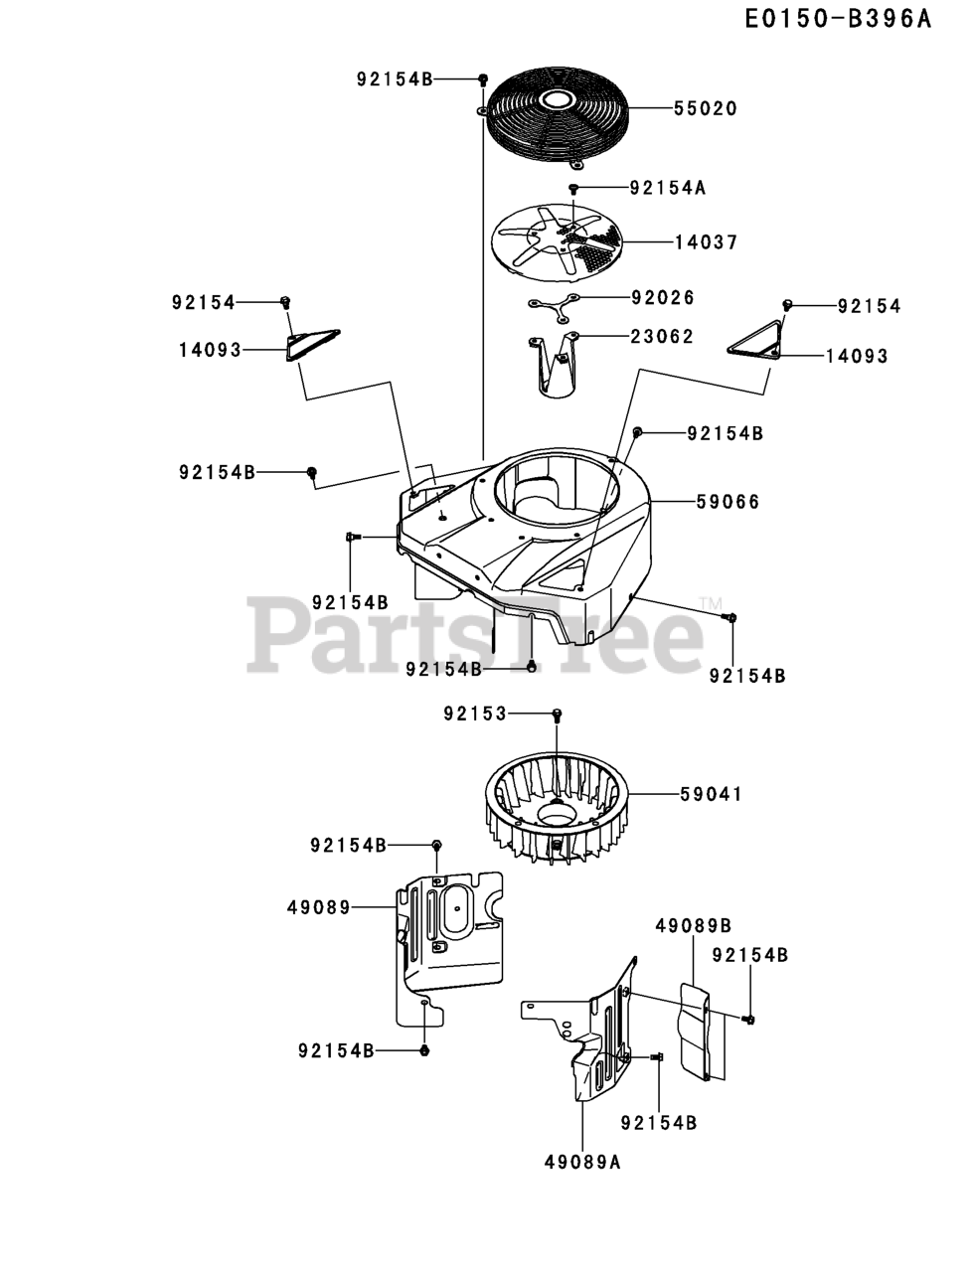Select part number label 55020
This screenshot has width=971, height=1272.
click(705, 108)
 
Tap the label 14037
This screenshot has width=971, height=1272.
click(705, 241)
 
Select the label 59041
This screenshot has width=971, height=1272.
click(711, 794)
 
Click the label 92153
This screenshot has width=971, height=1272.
click(474, 714)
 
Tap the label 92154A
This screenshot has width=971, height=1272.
click(667, 187)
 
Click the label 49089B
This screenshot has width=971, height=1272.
click(693, 925)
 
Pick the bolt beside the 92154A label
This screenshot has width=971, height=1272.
click(573, 188)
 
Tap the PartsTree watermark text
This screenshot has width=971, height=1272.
click(477, 632)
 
